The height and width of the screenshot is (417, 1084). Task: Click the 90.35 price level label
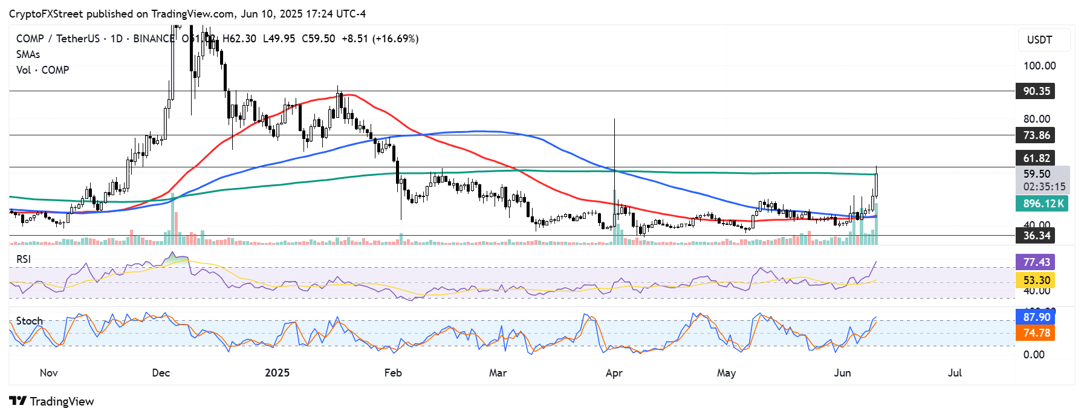(1036, 91)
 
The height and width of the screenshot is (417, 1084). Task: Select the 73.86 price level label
(1036, 135)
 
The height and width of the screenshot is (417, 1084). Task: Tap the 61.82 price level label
(1036, 158)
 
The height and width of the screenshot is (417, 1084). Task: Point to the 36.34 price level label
(1036, 236)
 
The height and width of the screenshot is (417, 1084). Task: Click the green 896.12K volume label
(1042, 204)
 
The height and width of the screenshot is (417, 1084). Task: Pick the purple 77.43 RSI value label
(1036, 262)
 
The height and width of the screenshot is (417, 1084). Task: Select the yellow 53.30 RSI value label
(1036, 280)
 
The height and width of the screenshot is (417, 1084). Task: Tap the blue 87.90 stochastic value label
(1036, 317)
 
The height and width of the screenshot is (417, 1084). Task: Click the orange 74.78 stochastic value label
(1036, 333)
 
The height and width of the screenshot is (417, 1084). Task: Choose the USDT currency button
(1039, 40)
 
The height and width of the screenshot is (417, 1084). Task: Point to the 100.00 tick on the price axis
(1039, 66)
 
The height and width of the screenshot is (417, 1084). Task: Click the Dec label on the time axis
(161, 373)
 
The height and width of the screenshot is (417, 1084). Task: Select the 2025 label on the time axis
(277, 373)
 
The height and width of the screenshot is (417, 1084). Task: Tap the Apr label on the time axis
(614, 373)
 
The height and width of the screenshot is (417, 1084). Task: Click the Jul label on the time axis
(955, 373)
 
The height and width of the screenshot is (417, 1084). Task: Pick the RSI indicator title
(24, 259)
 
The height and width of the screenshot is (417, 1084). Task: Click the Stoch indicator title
(29, 321)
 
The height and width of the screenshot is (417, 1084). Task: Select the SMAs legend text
(28, 54)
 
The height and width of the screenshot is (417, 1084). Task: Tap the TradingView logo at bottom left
(52, 401)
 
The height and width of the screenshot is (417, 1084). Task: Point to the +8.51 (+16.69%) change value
(380, 39)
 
